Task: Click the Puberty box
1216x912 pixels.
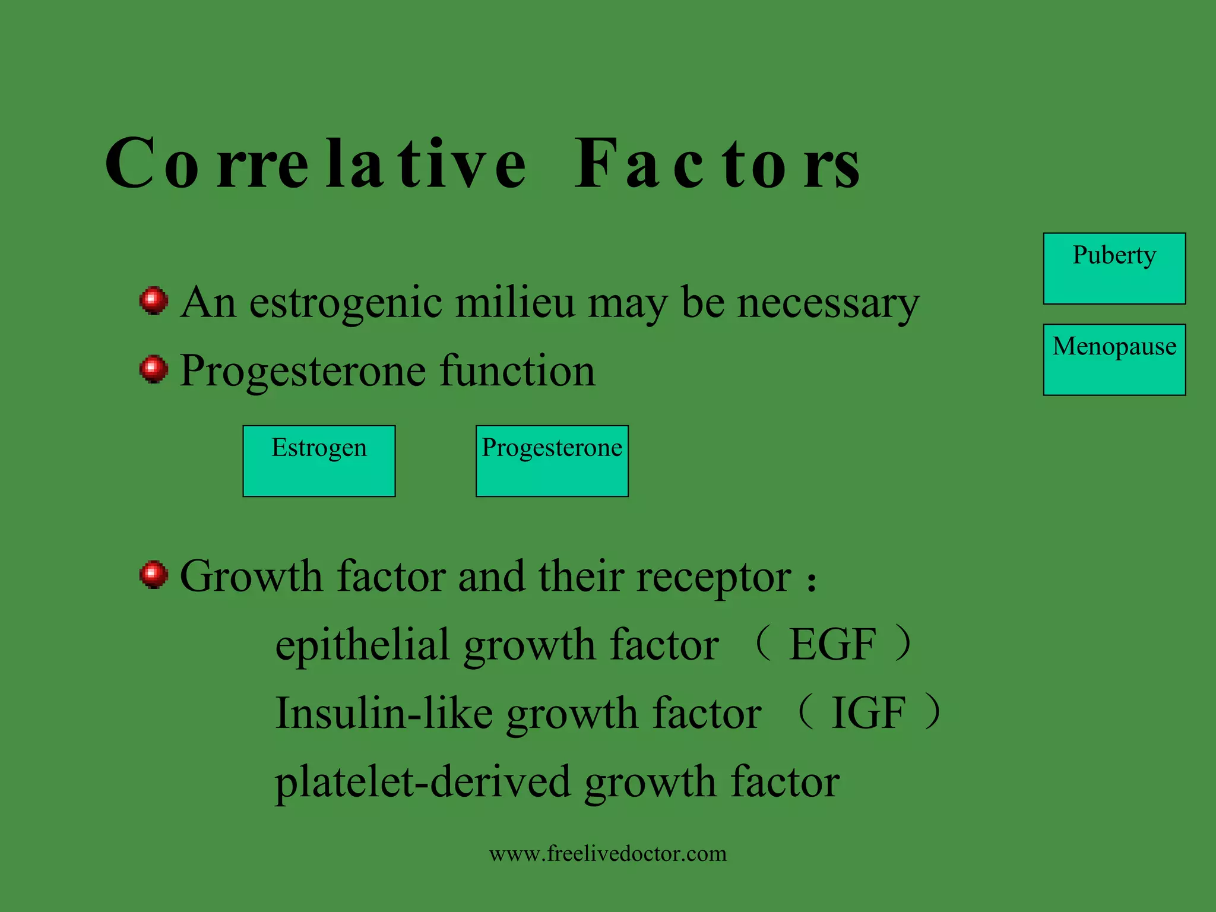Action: pos(1114,268)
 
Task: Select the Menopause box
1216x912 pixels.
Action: pos(1114,359)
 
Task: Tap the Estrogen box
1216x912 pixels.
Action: pos(319,461)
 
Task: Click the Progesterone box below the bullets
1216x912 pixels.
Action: pos(552,461)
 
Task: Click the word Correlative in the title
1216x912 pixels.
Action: pos(315,163)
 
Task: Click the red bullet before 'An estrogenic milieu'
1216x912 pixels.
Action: pos(154,301)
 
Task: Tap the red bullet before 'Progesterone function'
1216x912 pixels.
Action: pos(154,369)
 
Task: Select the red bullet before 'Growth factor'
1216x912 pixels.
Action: pos(154,575)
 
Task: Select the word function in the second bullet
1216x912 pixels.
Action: pos(517,371)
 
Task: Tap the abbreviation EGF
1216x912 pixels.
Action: pos(832,645)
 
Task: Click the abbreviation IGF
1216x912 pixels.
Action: pos(868,714)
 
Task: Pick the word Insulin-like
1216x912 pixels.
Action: pos(384,714)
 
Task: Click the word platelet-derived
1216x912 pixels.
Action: pos(422,783)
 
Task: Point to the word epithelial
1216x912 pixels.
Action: pos(362,646)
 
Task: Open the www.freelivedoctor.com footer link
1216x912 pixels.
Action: pos(607,854)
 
